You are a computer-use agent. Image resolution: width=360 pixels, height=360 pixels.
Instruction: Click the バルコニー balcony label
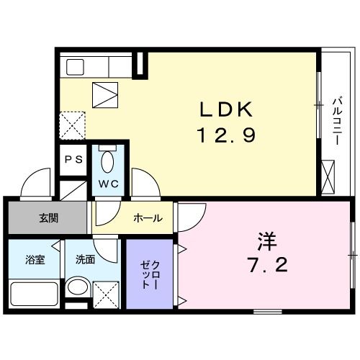click(336, 120)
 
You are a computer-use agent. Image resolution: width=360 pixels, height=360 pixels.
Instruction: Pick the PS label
click(73, 161)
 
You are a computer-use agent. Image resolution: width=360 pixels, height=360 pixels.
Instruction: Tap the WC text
click(108, 183)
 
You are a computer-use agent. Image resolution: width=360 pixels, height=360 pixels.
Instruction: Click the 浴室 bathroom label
click(35, 259)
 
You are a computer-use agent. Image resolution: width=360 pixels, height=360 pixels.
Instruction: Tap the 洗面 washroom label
click(85, 259)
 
